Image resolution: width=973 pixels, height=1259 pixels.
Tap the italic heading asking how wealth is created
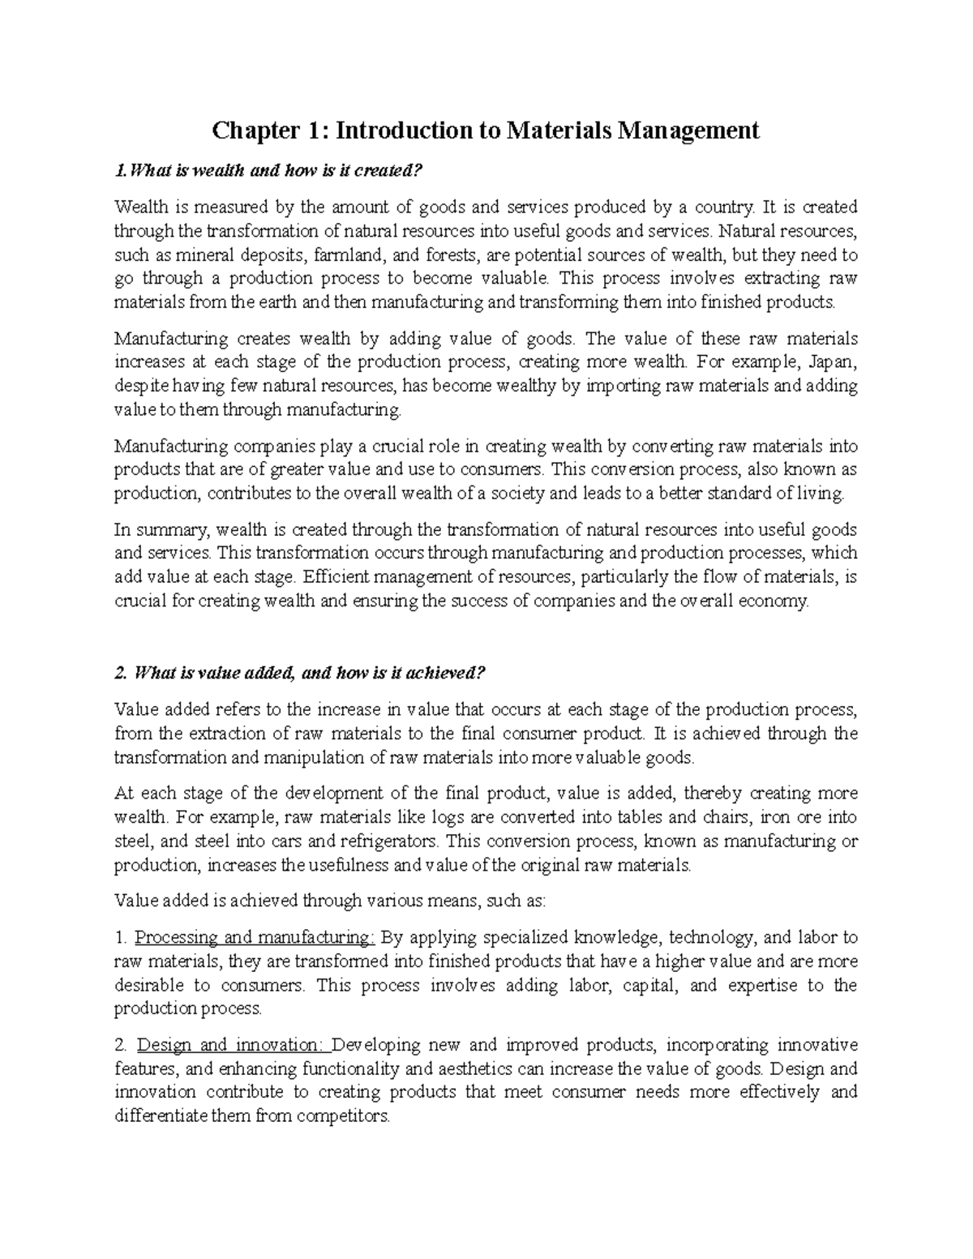(x=269, y=171)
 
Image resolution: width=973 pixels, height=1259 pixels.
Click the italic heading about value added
(x=300, y=674)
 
